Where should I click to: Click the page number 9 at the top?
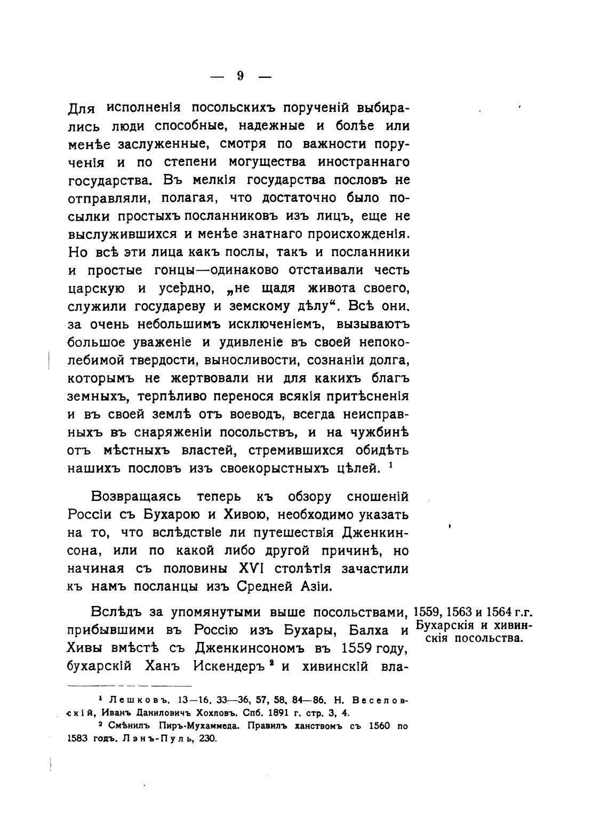pos(241,76)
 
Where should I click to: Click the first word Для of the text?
pos(81,109)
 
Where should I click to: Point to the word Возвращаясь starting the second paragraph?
pos(136,497)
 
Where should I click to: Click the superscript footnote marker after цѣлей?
pos(391,465)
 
